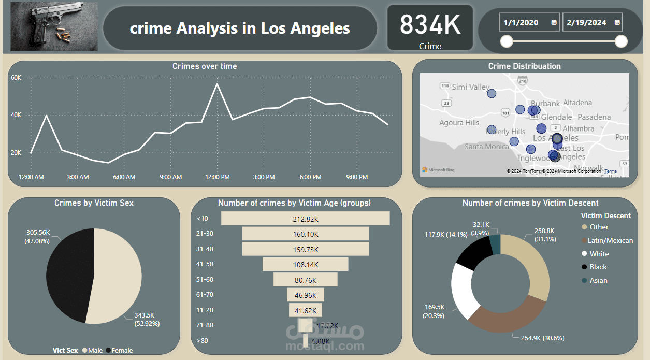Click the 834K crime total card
pos(430,28)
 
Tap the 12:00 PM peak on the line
pos(217,84)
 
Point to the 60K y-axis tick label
pos(16,78)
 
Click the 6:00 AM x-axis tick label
pos(124,177)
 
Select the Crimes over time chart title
pos(205,66)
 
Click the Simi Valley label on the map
pos(470,87)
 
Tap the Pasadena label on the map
pos(594,117)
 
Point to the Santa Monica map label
pos(486,147)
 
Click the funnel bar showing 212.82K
pos(305,219)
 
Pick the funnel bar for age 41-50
pos(305,264)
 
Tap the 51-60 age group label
pos(205,280)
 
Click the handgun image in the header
pos(54,26)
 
